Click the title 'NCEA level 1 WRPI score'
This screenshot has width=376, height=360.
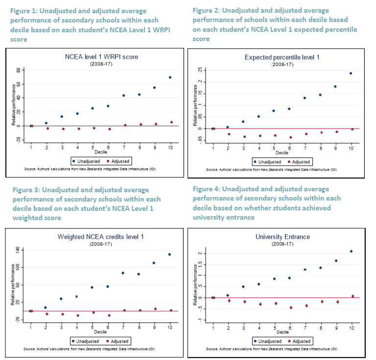pyautogui.click(x=101, y=57)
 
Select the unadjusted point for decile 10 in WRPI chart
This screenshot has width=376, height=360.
pyautogui.click(x=170, y=77)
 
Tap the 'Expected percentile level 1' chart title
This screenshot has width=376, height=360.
pyautogui.click(x=282, y=58)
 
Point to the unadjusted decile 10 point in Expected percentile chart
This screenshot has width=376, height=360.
pyautogui.click(x=351, y=73)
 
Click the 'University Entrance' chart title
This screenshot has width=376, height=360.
pyautogui.click(x=282, y=237)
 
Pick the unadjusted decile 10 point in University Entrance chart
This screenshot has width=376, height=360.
pyautogui.click(x=351, y=251)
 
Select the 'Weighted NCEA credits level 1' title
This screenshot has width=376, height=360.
pyautogui.click(x=101, y=237)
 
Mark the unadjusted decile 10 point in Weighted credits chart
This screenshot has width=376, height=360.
pyautogui.click(x=170, y=254)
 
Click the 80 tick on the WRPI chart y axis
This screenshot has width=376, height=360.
pyautogui.click(x=19, y=70)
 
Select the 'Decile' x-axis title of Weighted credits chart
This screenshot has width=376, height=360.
pyautogui.click(x=100, y=331)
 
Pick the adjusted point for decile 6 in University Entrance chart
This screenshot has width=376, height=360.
pyautogui.click(x=291, y=308)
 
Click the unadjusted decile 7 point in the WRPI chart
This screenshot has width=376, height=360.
pyautogui.click(x=124, y=95)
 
